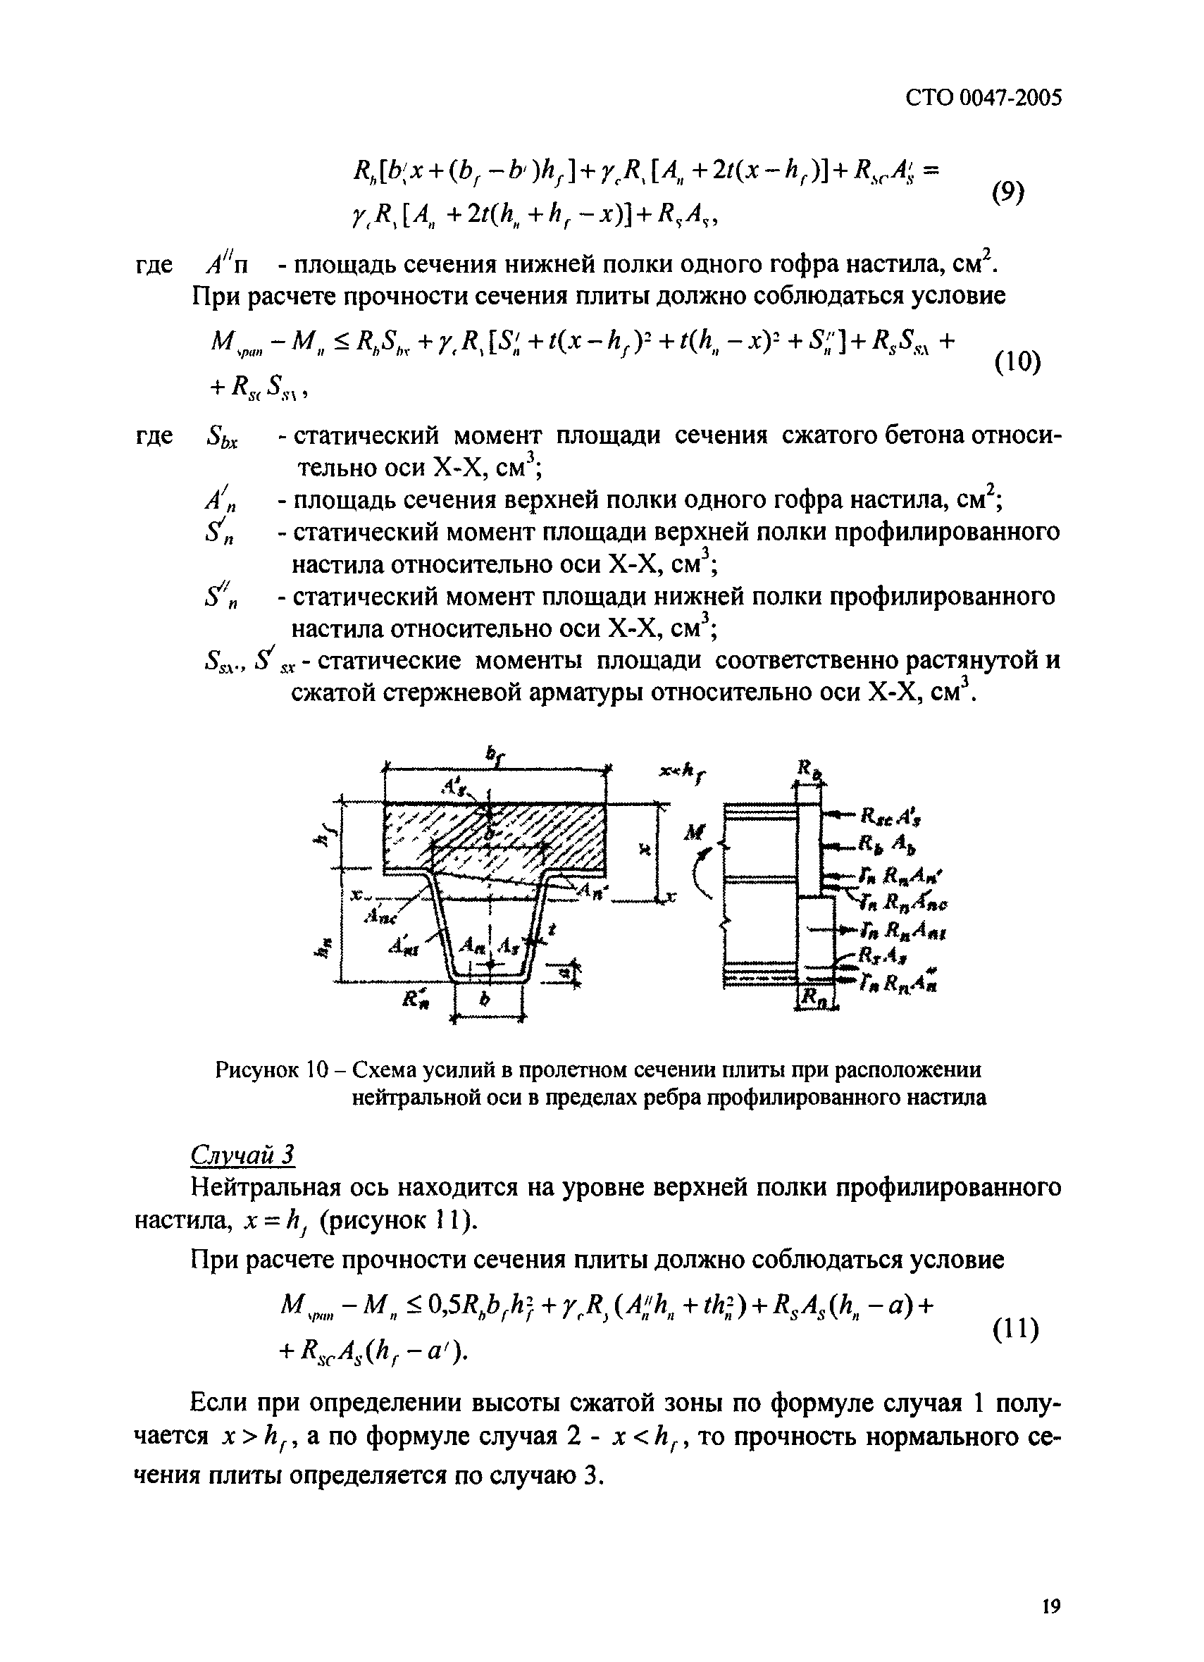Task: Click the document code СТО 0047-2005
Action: (983, 97)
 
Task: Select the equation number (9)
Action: (1009, 194)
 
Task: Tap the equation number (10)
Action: (1018, 362)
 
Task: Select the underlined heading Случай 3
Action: (242, 1155)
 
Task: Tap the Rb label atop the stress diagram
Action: (807, 769)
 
